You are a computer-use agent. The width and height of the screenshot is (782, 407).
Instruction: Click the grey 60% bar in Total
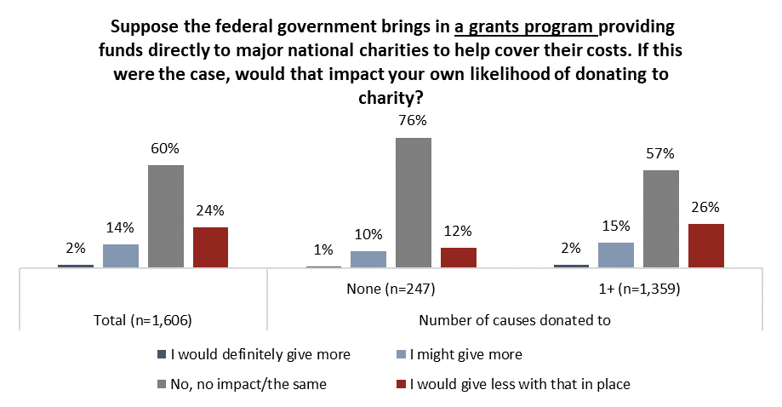point(166,216)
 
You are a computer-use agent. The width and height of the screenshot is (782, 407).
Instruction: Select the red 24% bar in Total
point(211,248)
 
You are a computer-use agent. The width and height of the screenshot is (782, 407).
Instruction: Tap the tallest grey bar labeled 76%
point(414,203)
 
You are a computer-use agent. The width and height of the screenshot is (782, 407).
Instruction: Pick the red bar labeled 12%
point(459,258)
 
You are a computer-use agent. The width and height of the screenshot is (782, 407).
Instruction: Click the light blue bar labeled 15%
point(616,255)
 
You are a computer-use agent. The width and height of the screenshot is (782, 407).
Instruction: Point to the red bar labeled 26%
point(705,246)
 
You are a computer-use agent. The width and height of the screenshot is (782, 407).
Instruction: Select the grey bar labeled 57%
point(661,219)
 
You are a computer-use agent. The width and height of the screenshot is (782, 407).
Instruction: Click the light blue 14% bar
point(121,256)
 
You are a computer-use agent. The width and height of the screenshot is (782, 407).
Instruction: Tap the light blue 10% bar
point(368,260)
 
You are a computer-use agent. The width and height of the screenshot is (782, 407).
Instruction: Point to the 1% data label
point(323,249)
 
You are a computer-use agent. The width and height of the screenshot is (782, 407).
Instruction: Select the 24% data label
point(211,210)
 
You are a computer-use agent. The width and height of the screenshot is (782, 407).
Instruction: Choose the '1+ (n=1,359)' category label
point(640,289)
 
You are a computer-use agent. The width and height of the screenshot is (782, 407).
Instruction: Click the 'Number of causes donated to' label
point(517,320)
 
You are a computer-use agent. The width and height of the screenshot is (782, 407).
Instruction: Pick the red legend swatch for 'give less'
point(403,384)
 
